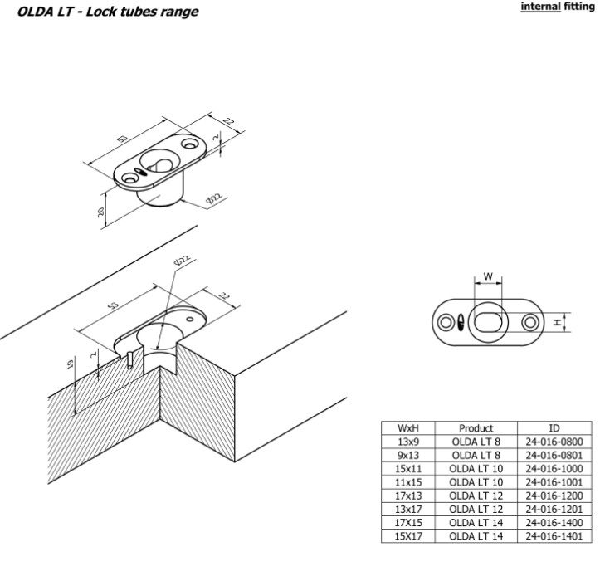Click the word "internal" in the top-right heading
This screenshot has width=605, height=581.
click(541, 9)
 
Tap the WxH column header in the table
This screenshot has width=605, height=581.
click(407, 428)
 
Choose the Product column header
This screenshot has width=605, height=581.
click(476, 428)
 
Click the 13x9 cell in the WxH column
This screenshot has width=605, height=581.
click(407, 442)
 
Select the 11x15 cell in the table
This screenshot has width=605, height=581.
click(407, 482)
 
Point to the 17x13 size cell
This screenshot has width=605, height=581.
click(407, 496)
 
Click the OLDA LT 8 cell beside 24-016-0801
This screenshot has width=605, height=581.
click(476, 455)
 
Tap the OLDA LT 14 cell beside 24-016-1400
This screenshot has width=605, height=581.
click(476, 523)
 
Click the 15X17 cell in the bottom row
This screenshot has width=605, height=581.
click(407, 536)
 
